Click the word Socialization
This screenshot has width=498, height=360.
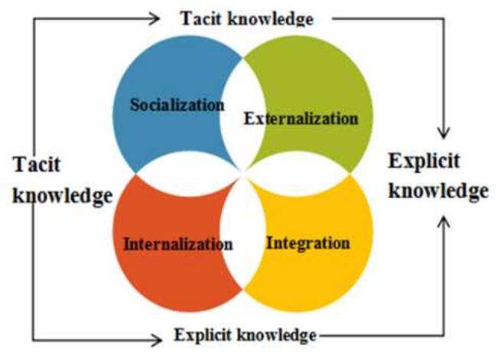point(177,105)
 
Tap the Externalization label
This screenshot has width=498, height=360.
point(300,118)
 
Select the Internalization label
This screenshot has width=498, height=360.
point(177,245)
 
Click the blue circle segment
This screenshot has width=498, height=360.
point(161,76)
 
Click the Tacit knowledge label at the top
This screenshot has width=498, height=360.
point(247,18)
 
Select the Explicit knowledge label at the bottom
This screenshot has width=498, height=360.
point(245,335)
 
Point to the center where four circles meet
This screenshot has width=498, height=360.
point(244,170)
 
